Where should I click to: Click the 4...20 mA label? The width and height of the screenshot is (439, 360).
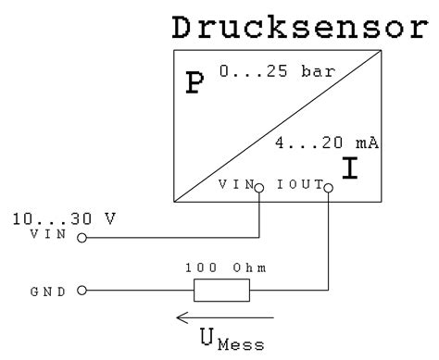pyautogui.click(x=329, y=143)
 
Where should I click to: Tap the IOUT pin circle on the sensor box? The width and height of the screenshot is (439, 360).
pyautogui.click(x=327, y=185)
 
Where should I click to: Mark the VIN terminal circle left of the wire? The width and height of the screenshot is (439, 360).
pyautogui.click(x=82, y=238)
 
